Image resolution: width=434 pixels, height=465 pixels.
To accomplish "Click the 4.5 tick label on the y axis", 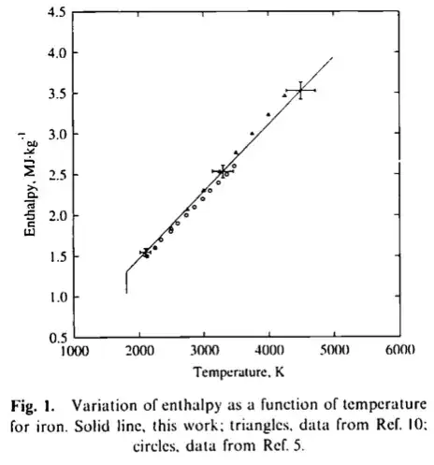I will tap(56, 12).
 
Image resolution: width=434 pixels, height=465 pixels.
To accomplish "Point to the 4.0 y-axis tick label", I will tap(56, 53).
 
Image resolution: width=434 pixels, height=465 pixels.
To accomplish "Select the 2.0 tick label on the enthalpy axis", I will tap(56, 216).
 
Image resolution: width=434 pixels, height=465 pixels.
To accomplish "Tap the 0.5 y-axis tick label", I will tap(56, 338).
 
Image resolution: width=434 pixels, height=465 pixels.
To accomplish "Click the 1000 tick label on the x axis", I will tap(74, 354).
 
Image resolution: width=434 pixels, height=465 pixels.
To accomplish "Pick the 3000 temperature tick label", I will tap(204, 354).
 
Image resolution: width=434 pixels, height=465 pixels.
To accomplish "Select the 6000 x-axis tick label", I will tap(398, 354).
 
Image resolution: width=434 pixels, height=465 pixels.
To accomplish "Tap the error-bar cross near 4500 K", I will tap(300, 90).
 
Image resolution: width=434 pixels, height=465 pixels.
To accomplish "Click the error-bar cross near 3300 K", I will tap(222, 171).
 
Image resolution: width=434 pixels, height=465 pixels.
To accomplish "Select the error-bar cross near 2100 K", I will tap(146, 253).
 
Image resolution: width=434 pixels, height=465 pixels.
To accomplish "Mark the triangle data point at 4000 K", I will tap(268, 114).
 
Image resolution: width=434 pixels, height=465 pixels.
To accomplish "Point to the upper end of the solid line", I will tap(332, 58).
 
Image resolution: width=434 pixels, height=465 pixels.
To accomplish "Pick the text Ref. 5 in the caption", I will tap(282, 440).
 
